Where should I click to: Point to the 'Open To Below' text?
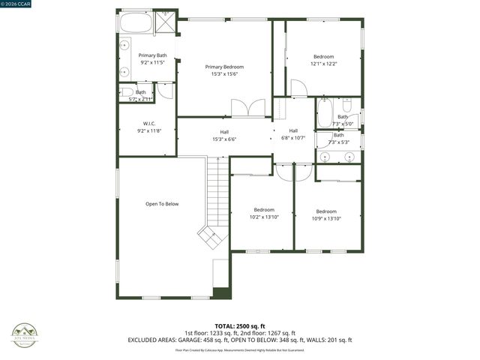tap(162, 204)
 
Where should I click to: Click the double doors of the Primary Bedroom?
tap(248, 108)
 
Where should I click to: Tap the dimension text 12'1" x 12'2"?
tap(324, 64)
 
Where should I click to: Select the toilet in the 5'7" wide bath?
tap(126, 92)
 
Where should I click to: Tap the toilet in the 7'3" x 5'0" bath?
tap(347, 106)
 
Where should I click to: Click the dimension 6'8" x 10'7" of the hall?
tap(293, 137)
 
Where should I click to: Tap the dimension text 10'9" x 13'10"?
tap(326, 218)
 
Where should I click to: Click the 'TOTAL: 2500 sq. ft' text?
tap(239, 326)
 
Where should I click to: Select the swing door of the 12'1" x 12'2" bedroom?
tap(298, 88)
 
